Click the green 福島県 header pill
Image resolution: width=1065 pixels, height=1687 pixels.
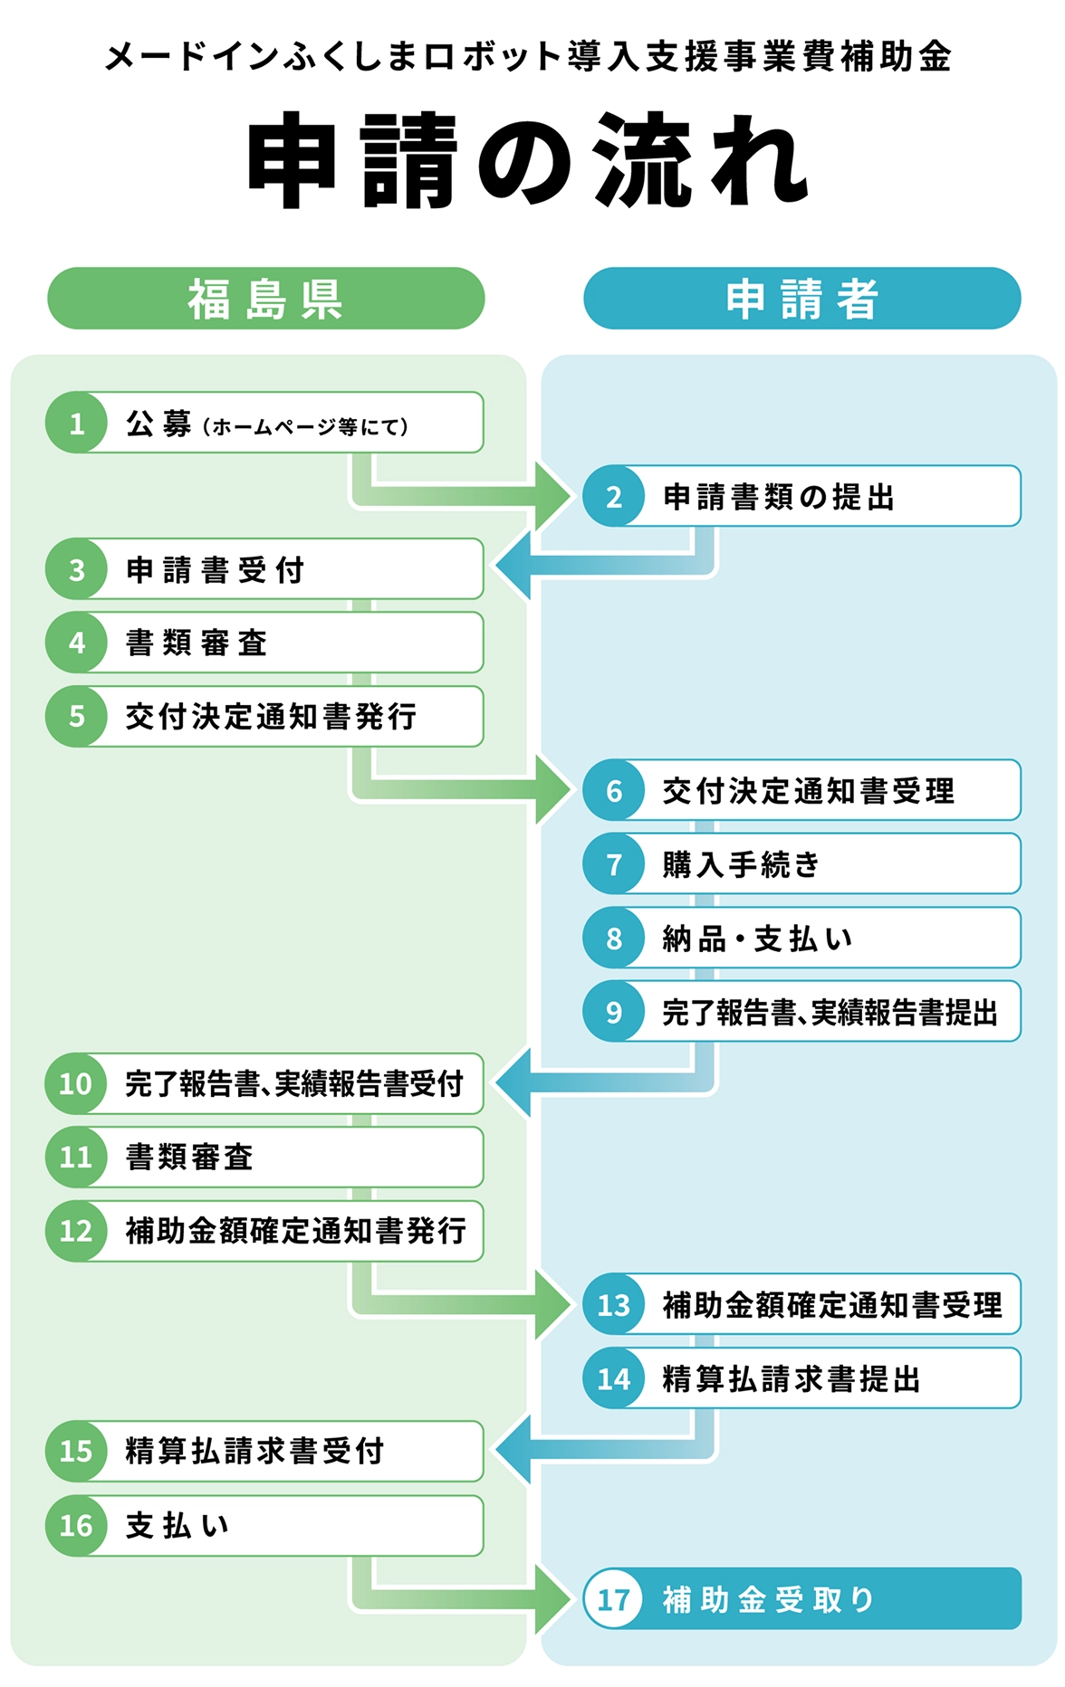(x=265, y=298)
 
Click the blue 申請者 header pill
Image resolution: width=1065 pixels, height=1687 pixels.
(x=802, y=298)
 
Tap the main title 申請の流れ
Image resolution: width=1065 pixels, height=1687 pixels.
(x=529, y=161)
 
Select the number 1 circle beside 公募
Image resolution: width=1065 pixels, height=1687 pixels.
(x=76, y=423)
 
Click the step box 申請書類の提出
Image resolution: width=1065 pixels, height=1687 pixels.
(x=802, y=496)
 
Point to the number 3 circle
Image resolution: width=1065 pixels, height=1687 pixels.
(x=76, y=569)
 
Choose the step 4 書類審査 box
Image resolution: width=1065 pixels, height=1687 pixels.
(x=264, y=643)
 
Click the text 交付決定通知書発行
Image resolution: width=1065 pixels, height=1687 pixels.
(x=272, y=717)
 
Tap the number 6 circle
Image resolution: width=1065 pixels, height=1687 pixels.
(x=614, y=790)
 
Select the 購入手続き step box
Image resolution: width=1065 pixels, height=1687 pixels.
(x=802, y=864)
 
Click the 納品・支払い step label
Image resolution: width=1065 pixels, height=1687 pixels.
(x=758, y=939)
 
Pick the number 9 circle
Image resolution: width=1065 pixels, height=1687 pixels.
(x=614, y=1011)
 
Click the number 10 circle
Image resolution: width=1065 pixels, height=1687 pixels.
(x=76, y=1083)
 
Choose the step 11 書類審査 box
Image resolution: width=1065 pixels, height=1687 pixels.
(x=264, y=1157)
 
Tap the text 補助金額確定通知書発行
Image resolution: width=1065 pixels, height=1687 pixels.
(x=296, y=1231)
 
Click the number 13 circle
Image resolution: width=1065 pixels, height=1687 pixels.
(x=614, y=1304)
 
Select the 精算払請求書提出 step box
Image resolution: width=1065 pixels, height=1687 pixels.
(x=802, y=1378)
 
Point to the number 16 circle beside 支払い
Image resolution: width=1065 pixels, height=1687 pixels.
(x=76, y=1526)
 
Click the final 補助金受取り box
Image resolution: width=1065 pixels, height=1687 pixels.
(x=802, y=1599)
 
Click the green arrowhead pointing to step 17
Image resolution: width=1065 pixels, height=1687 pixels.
(x=553, y=1599)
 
